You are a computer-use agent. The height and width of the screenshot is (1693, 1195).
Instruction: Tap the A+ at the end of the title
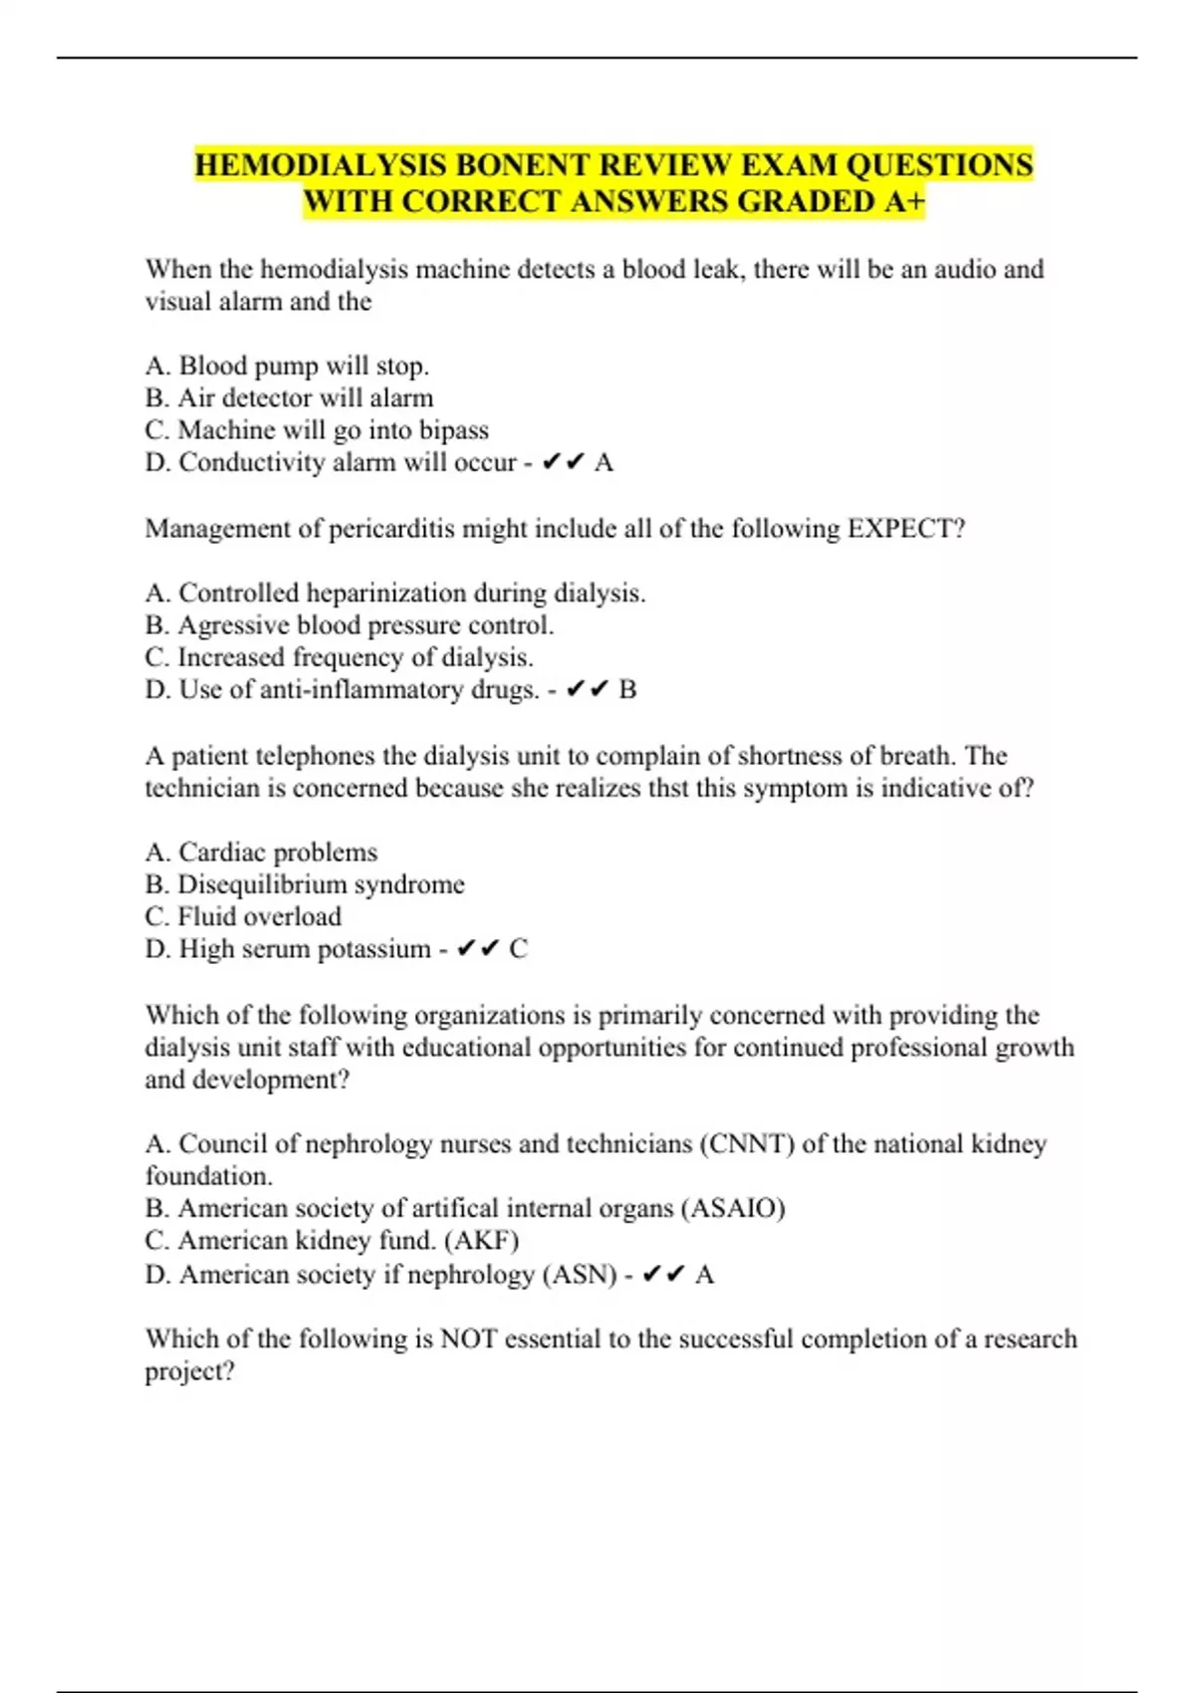904,201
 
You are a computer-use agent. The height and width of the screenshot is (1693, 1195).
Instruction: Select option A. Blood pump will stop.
287,366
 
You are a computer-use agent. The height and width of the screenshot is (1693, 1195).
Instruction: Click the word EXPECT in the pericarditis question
905,529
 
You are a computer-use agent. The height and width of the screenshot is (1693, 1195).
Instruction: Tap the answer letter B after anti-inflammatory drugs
627,690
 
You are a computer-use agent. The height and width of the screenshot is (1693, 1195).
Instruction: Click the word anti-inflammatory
361,690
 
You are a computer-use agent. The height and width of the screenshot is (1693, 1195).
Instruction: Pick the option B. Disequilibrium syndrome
305,885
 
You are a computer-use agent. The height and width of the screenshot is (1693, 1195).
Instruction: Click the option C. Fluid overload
243,917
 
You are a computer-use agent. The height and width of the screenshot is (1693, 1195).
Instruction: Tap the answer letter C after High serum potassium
518,949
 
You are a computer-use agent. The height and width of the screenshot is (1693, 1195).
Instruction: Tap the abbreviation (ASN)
580,1275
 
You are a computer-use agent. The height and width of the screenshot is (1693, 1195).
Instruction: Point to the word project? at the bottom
190,1372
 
